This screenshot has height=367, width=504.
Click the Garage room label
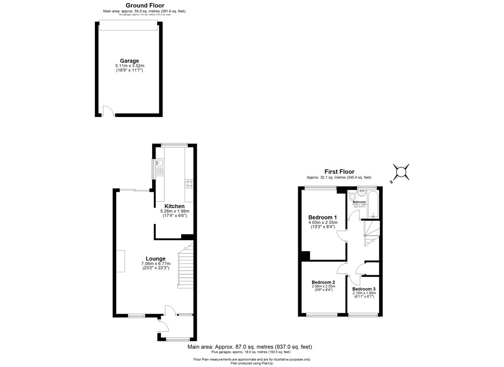(x=130, y=61)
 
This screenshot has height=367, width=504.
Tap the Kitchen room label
(x=174, y=206)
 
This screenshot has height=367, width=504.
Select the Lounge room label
(x=156, y=258)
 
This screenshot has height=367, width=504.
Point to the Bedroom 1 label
(x=322, y=218)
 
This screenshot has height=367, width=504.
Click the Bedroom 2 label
(x=323, y=282)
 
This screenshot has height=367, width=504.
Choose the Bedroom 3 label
(x=363, y=289)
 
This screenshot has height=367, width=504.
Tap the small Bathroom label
(x=359, y=202)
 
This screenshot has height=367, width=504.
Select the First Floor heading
(x=339, y=172)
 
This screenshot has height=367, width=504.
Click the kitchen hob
(x=189, y=184)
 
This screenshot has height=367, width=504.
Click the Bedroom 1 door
(x=341, y=237)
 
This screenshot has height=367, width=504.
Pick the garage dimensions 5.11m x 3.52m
(x=130, y=67)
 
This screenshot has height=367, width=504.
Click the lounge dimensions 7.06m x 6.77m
(x=156, y=264)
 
